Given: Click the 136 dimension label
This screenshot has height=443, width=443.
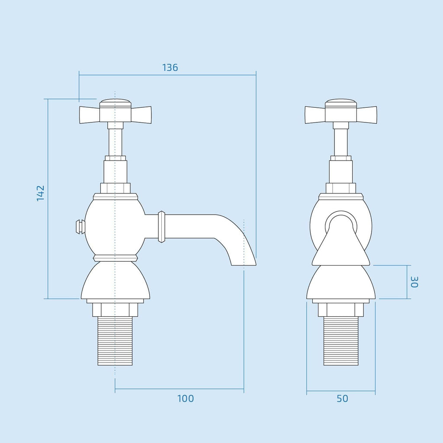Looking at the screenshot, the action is (x=170, y=67).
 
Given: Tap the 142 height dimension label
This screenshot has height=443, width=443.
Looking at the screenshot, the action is (x=41, y=193).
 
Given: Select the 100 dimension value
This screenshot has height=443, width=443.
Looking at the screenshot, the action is (x=185, y=398).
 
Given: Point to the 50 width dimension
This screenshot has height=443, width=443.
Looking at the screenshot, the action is (x=342, y=398).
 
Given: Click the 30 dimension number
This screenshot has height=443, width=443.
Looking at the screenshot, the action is (x=414, y=282).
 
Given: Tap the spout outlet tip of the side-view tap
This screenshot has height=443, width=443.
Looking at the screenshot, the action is (x=244, y=265).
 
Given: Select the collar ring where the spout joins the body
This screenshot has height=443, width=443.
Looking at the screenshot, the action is (x=162, y=227).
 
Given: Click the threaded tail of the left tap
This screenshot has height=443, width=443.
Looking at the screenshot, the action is (x=115, y=341).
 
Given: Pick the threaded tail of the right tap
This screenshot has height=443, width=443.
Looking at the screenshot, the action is (x=341, y=341).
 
